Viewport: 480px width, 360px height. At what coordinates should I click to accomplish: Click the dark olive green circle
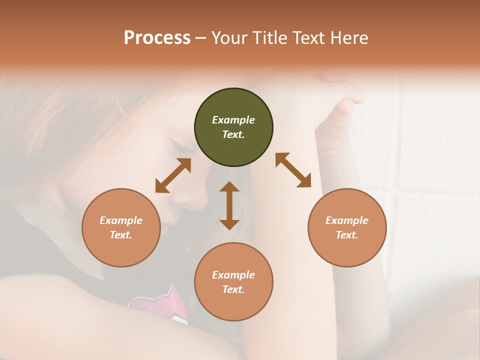coord(233,127)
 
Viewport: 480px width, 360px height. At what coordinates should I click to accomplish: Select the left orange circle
coord(121,227)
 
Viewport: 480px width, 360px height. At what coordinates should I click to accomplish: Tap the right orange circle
coord(347,227)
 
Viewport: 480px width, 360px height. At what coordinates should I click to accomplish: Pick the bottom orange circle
coord(233,281)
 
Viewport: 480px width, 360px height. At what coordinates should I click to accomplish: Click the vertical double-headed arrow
coord(229,205)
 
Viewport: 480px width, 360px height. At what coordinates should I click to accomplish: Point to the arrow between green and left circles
coord(173,175)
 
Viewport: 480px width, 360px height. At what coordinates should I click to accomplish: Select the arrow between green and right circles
coord(293,170)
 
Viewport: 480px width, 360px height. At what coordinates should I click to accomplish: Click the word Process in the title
coord(157,38)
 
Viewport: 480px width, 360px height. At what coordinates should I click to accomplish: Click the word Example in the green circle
coord(233,120)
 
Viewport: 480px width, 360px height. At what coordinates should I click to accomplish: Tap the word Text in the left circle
coord(121,235)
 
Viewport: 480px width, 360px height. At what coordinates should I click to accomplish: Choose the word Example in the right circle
coord(347,220)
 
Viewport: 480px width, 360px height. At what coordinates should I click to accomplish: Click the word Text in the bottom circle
coord(233,289)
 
